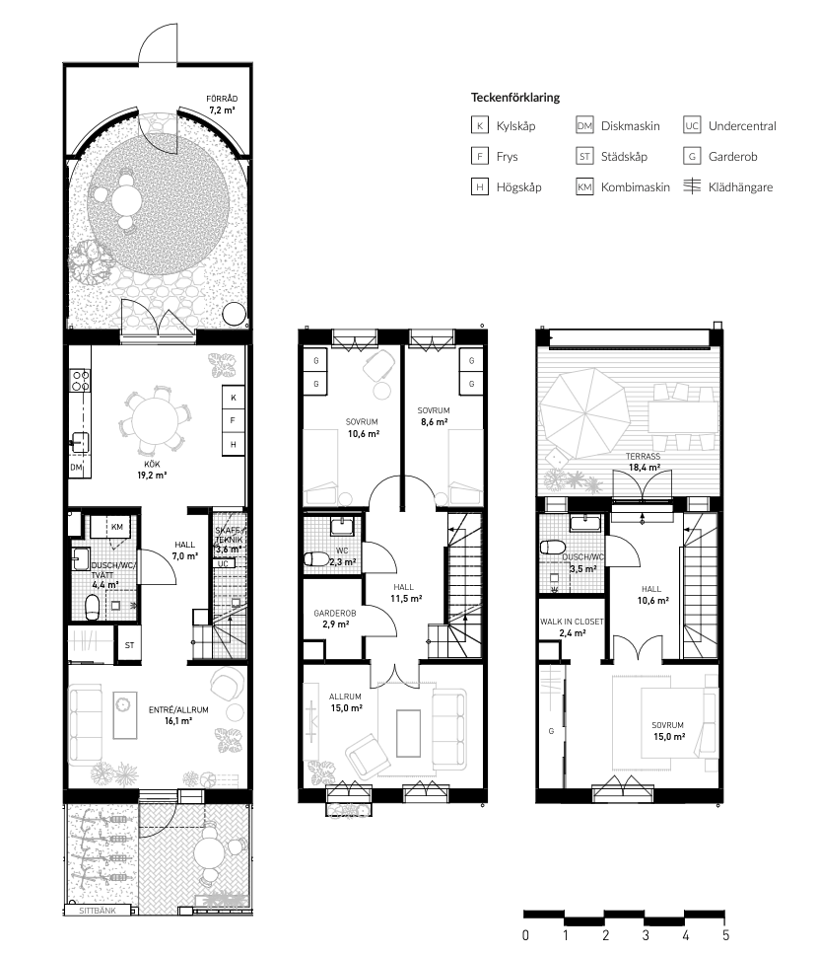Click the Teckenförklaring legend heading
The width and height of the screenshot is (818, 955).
pos(514,98)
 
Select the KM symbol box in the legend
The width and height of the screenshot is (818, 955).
pos(584,187)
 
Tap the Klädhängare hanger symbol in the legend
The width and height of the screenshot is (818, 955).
pos(692,186)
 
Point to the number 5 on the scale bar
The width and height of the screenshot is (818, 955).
pos(725,935)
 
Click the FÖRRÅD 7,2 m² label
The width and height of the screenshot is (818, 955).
pos(222,105)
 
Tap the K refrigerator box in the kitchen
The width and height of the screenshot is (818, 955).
pos(234,398)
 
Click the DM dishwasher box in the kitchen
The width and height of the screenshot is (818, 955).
pos(76,468)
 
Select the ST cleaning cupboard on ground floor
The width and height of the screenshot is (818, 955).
pos(129,645)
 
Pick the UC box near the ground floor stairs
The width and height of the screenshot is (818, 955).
pos(223,564)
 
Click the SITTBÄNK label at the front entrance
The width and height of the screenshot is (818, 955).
pos(98,911)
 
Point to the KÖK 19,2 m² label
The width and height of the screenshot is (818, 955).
pos(152,470)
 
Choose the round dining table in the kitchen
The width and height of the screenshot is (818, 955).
pos(155,421)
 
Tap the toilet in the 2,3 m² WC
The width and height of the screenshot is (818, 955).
pos(314,558)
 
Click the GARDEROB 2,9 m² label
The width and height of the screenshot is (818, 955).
pos(335,619)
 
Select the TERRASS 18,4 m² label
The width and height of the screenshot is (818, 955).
pos(644,462)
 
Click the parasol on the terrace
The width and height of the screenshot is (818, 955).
pos(584,414)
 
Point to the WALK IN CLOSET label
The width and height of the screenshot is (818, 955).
pos(572,622)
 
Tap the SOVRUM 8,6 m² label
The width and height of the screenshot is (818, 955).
pos(434,416)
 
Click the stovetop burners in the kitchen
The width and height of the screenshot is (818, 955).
pos(81,381)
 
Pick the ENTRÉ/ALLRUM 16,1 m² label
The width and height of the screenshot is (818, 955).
pos(178,715)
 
